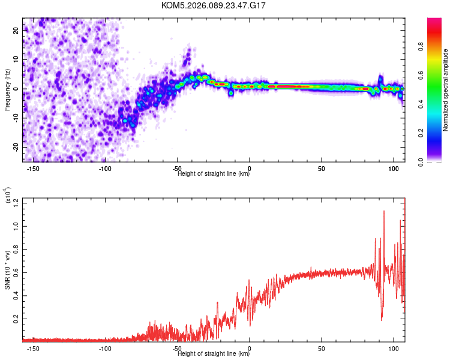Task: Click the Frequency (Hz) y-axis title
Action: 7,89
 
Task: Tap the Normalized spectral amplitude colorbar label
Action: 446,90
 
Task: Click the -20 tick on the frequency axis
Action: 15,147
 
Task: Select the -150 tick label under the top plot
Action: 34,168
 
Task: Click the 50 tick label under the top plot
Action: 322,168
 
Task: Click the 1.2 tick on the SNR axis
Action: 15,203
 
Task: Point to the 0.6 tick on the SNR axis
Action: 15,272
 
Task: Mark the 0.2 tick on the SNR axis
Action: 15,318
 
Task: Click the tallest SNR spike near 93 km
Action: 384,211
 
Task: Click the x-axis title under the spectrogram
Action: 214,174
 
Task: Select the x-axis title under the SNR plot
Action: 214,354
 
